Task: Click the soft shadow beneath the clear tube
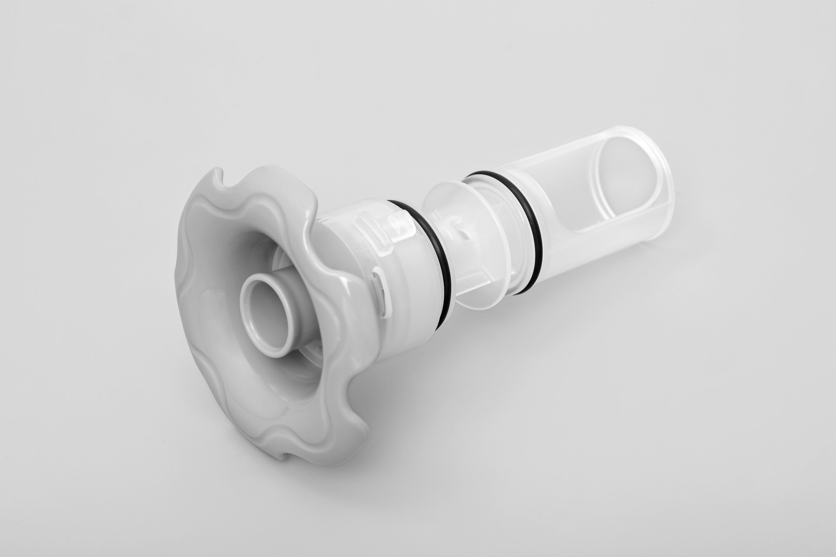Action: coord(604,270)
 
